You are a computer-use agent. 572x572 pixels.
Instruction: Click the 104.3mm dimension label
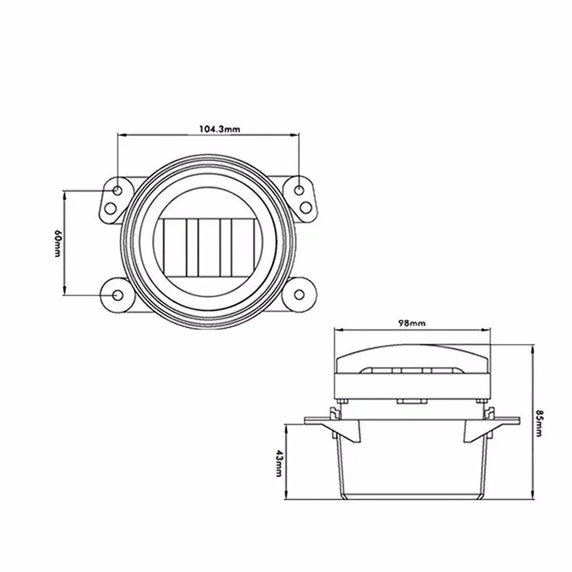[x=219, y=129]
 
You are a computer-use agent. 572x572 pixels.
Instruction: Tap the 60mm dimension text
[x=57, y=243]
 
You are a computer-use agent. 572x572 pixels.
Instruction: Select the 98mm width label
[x=412, y=323]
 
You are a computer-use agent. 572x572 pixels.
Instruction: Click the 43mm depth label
[x=278, y=462]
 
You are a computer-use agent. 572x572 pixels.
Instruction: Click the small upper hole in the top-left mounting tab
[x=117, y=189]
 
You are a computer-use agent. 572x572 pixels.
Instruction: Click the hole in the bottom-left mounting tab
[x=118, y=295]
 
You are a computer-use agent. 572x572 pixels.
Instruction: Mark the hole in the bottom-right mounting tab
[x=299, y=295]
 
